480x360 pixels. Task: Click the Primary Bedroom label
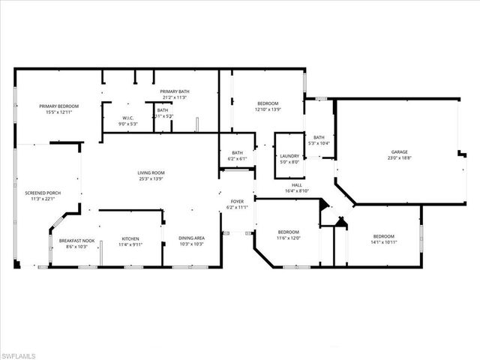point(58,106)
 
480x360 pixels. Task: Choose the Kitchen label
point(130,240)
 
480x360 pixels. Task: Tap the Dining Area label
point(192,240)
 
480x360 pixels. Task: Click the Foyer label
point(237,201)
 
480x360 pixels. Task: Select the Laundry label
point(289,155)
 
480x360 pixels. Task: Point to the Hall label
point(297,185)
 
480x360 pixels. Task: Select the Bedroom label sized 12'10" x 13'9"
point(268,103)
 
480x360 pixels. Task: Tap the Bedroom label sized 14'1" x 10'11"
point(382,237)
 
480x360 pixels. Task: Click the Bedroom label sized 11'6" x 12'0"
point(289,232)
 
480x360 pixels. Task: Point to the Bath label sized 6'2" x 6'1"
point(237,153)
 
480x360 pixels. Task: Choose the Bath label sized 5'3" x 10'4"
point(319,137)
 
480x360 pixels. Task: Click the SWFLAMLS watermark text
point(25,351)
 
